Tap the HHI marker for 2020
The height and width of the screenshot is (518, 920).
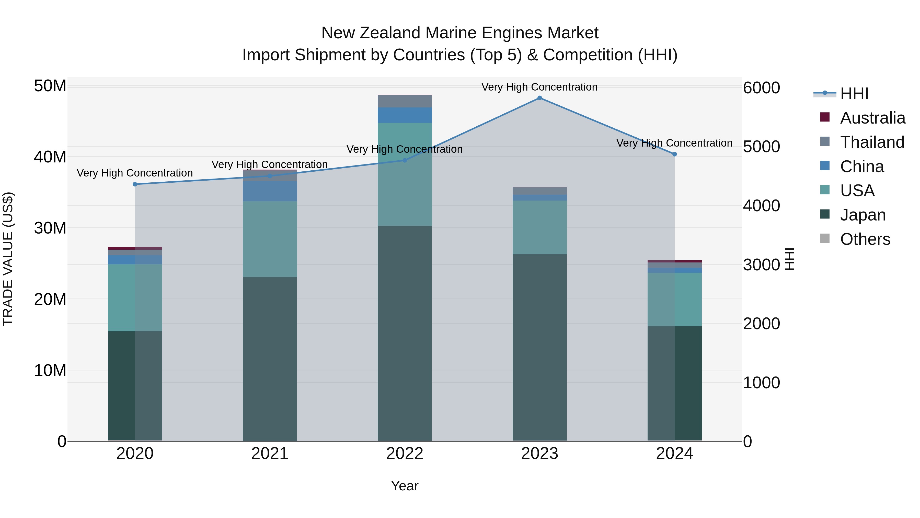135,184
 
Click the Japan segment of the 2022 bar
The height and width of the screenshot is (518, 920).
405,333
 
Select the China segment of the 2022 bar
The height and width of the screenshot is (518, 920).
405,115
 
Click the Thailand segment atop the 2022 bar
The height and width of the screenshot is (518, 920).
405,101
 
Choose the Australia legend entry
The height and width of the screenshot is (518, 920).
872,118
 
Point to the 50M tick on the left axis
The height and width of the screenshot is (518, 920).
50,86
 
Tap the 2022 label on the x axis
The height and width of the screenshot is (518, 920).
405,454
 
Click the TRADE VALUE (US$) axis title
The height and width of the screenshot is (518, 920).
8,259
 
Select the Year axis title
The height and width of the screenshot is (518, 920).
405,486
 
